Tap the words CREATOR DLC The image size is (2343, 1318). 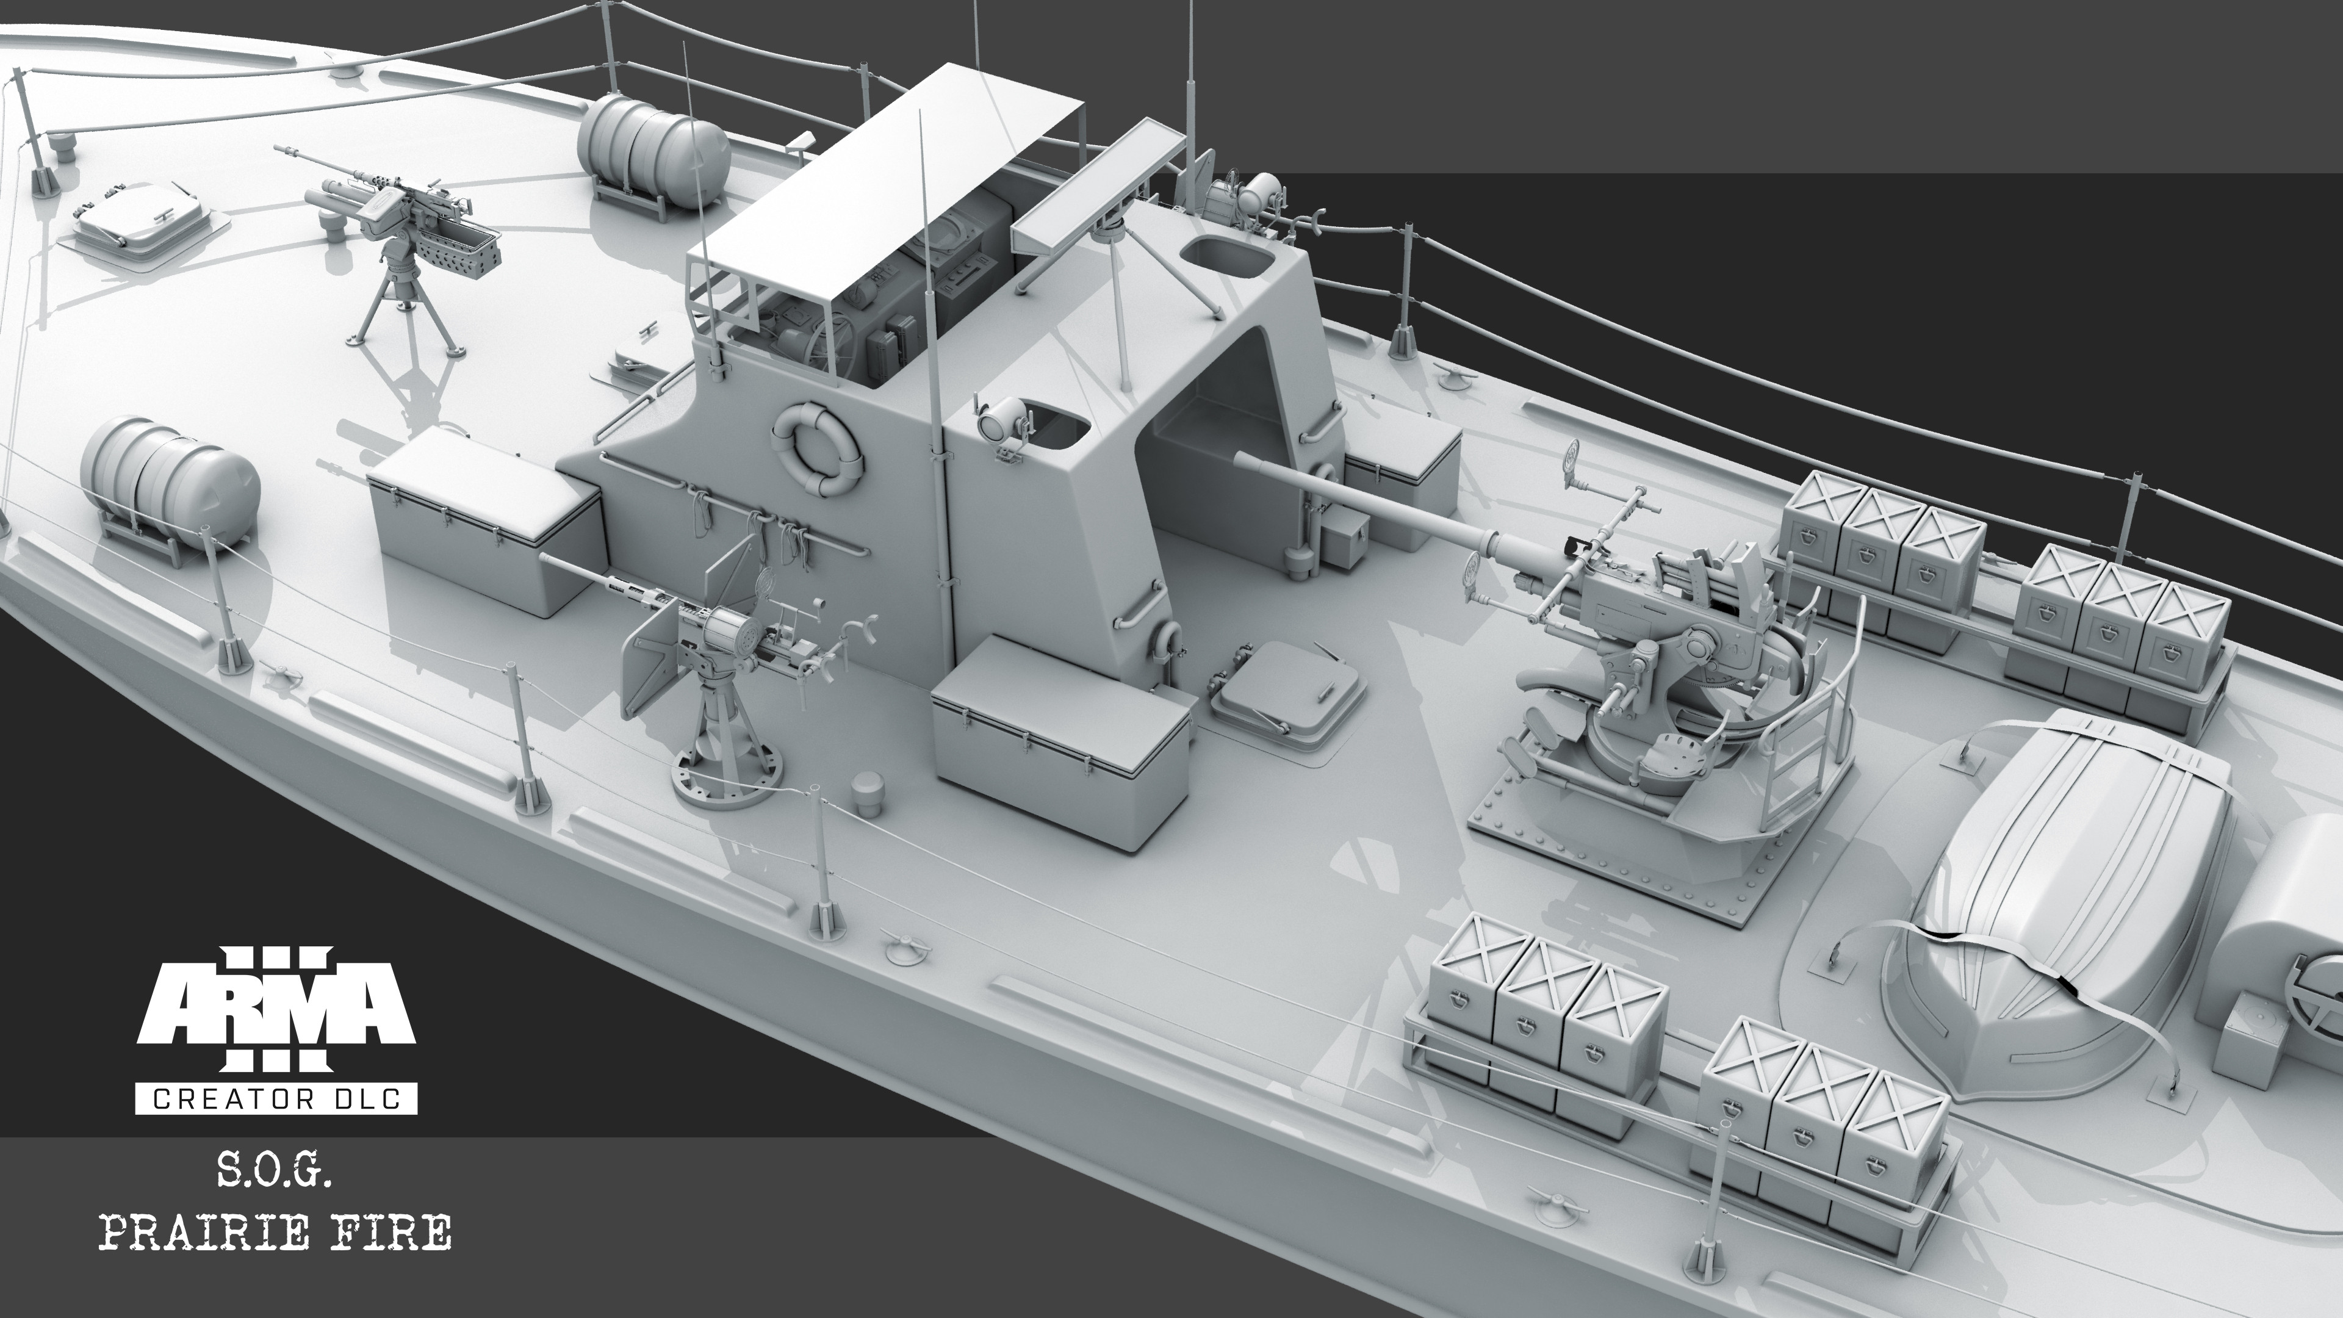[276, 1099]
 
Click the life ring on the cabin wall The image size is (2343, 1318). [815, 449]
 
